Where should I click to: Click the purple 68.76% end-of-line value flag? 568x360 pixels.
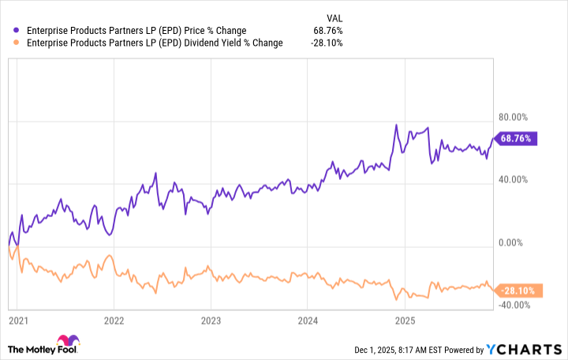click(x=515, y=138)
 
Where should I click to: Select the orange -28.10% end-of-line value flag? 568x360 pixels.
click(x=516, y=291)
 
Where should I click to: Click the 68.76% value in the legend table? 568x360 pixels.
click(x=328, y=31)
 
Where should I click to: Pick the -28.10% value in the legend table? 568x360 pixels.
click(x=327, y=43)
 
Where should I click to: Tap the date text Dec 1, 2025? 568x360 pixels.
click(x=369, y=350)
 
